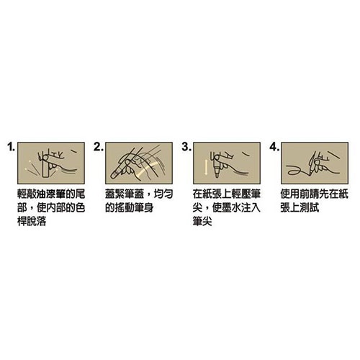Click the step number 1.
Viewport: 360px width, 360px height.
(x=11, y=147)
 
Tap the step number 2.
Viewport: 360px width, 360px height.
(x=98, y=147)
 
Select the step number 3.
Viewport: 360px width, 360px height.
(x=186, y=147)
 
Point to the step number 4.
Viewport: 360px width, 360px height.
(x=274, y=147)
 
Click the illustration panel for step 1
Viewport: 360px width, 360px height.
(x=51, y=163)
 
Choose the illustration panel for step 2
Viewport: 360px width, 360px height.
(x=139, y=163)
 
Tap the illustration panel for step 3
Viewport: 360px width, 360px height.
(x=227, y=163)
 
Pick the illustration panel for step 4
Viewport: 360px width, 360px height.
(x=315, y=163)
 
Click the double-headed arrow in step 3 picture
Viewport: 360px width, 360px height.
(x=206, y=168)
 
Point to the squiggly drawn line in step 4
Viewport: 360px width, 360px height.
(x=297, y=170)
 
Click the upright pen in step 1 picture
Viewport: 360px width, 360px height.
(x=45, y=166)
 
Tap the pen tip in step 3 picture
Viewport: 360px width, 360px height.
(x=217, y=175)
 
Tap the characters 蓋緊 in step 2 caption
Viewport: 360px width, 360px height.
(x=115, y=194)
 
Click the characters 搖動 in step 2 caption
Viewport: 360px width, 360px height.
(x=125, y=208)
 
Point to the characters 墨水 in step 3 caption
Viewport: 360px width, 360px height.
(x=232, y=208)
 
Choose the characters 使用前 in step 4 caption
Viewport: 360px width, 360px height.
(x=295, y=194)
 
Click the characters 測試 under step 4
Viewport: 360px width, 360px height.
(x=310, y=208)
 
